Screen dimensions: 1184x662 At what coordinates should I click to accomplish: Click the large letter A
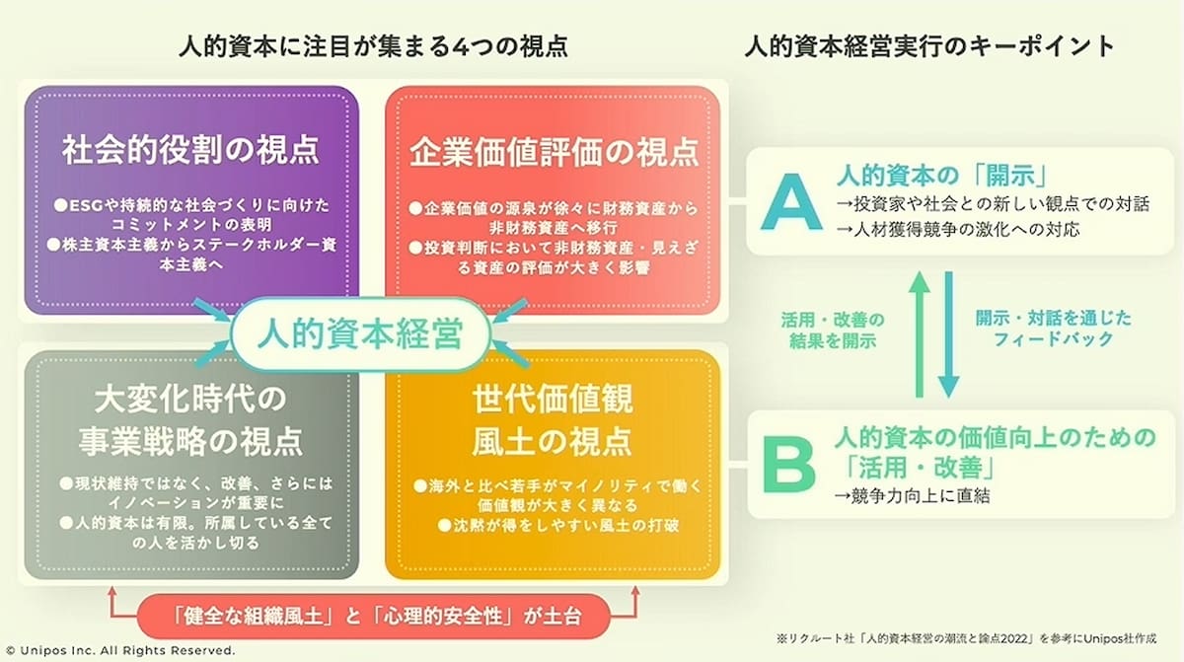point(791,203)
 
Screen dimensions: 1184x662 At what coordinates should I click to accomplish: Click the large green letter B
point(788,465)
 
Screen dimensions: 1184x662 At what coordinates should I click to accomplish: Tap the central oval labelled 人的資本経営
point(361,333)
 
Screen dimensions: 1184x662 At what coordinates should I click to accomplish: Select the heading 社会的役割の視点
point(190,150)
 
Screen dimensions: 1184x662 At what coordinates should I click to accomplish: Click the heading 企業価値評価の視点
point(554,152)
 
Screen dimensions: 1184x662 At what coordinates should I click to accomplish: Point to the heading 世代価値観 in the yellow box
point(552,399)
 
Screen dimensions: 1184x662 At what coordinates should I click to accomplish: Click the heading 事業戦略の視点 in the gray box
point(190,442)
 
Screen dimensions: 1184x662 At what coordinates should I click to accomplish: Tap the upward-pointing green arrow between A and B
point(920,333)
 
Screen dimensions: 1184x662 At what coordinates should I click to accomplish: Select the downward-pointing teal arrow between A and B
point(949,333)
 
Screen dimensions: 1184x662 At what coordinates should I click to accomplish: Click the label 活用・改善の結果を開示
point(833,331)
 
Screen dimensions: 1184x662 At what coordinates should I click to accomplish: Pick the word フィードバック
point(1053,339)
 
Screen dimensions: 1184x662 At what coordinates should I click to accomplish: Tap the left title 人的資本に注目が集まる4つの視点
point(374,46)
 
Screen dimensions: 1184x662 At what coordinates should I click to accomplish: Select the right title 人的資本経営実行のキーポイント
point(929,46)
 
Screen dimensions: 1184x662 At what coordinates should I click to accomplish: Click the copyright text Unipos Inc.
point(120,650)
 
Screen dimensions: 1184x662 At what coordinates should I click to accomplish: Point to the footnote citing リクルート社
point(966,638)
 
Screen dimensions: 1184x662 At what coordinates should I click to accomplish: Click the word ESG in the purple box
point(86,205)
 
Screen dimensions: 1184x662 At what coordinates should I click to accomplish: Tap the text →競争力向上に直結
point(912,496)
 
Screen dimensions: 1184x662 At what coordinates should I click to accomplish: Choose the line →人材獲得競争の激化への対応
point(958,229)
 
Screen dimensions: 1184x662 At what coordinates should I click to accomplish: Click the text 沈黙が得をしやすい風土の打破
point(558,525)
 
